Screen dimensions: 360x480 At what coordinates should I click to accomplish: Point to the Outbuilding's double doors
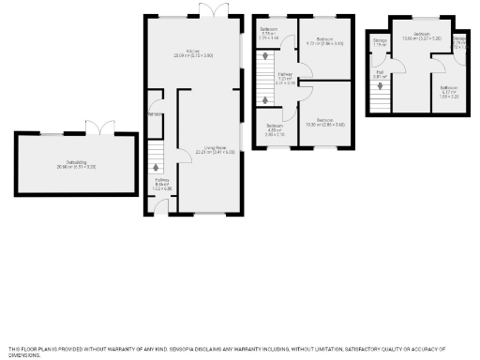click(97, 127)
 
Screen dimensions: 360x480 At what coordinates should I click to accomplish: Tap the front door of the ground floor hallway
click(161, 214)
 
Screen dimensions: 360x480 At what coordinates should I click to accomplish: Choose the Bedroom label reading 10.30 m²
click(326, 122)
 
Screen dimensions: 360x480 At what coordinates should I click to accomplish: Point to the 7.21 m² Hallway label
click(285, 80)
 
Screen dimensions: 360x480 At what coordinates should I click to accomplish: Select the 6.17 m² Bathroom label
click(449, 93)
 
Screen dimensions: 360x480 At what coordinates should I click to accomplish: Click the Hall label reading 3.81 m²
click(381, 74)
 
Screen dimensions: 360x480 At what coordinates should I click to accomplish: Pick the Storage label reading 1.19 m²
click(380, 43)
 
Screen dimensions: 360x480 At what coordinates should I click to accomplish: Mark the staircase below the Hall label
click(380, 96)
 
